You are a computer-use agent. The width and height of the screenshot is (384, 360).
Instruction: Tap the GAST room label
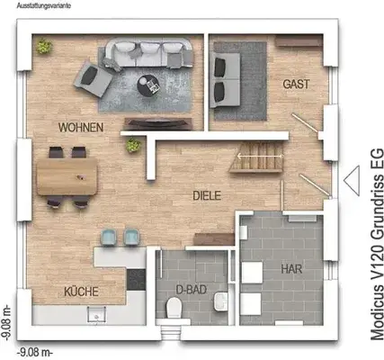(297, 84)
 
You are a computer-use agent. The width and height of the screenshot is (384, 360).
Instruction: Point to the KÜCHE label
(81, 292)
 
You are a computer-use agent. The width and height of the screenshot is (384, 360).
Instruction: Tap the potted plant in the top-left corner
(42, 46)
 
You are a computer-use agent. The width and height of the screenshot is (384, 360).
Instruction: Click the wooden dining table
(67, 170)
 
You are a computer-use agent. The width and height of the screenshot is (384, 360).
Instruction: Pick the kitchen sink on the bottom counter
(94, 314)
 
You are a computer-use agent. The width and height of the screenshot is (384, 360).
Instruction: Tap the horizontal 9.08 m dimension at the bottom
(36, 352)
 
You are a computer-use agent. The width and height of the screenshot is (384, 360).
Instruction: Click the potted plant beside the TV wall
(134, 144)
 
